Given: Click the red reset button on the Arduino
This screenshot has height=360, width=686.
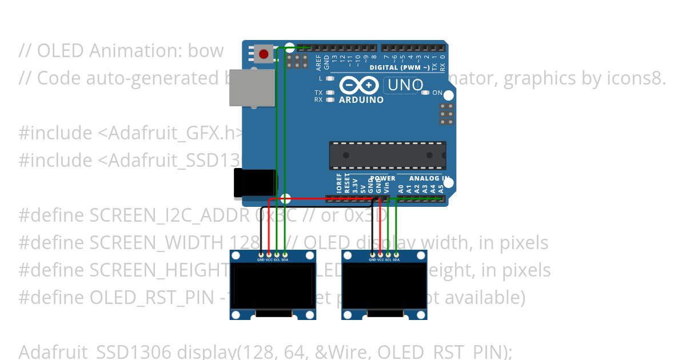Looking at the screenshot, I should tap(263, 54).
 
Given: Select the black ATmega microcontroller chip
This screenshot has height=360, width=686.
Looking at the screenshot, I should tap(387, 155).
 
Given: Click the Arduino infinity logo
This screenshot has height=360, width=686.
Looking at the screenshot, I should tap(359, 86).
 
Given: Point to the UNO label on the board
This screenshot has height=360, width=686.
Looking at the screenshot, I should tap(405, 86).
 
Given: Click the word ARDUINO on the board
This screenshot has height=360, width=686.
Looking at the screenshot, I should tap(361, 99).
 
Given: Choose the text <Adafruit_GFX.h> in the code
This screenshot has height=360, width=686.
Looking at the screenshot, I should tap(171, 133).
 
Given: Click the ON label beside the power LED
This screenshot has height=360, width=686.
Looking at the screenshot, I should tap(437, 93).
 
